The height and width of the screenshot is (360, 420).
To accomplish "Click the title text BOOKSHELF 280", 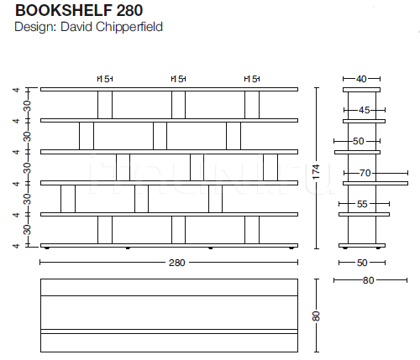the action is (79, 10).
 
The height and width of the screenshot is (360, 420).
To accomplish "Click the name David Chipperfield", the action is (112, 27).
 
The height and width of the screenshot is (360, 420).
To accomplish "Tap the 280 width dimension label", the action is (176, 263).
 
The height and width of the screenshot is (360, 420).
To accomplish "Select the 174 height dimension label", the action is (316, 172).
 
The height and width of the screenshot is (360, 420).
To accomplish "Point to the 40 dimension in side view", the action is (361, 79).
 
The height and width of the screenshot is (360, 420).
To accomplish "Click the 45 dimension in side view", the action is (364, 110).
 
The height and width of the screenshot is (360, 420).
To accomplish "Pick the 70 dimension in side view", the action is (365, 174).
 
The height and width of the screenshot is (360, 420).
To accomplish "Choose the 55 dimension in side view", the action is (362, 204).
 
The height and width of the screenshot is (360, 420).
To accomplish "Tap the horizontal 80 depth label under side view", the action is (368, 280).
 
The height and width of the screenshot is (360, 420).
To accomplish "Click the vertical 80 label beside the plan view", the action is (316, 316).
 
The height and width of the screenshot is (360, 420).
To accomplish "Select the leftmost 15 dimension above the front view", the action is (105, 79).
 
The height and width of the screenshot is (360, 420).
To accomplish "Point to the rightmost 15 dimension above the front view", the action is (252, 79).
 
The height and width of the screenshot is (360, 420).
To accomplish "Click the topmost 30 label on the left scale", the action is (27, 106).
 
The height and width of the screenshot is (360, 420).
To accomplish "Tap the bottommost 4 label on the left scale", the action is (17, 246).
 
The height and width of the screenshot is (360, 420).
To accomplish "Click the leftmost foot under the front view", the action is (47, 248).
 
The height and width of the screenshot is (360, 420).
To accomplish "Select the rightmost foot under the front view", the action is (291, 248).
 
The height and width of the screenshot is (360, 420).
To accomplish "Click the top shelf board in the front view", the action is (169, 89).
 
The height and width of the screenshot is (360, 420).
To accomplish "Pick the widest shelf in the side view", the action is (375, 183).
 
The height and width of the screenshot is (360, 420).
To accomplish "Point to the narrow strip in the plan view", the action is (169, 331).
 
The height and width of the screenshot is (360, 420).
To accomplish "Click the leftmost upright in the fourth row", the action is (68, 199).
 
